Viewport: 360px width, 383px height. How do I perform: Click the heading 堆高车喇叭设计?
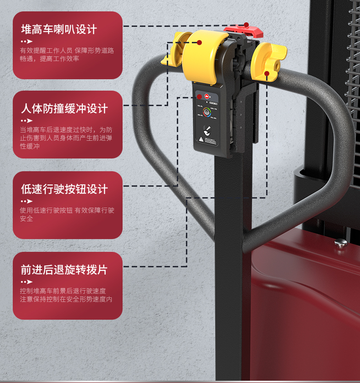point(59,30)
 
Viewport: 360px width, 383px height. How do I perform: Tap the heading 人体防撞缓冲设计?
point(64,109)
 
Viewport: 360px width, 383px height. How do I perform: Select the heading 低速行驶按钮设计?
point(64,189)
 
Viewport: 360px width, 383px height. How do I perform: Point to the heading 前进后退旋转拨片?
point(64,270)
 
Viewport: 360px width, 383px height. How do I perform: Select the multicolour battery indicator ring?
point(207,112)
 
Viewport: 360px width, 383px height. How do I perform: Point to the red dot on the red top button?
point(246,25)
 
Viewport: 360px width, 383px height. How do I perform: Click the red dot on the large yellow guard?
point(199,42)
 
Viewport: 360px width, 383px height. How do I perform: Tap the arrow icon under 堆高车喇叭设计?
point(27,41)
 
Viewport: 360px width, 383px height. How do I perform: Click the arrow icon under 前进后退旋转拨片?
point(27,281)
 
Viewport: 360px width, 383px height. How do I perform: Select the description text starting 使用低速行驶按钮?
point(67,214)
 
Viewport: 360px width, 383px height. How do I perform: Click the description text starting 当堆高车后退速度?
point(66,138)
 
